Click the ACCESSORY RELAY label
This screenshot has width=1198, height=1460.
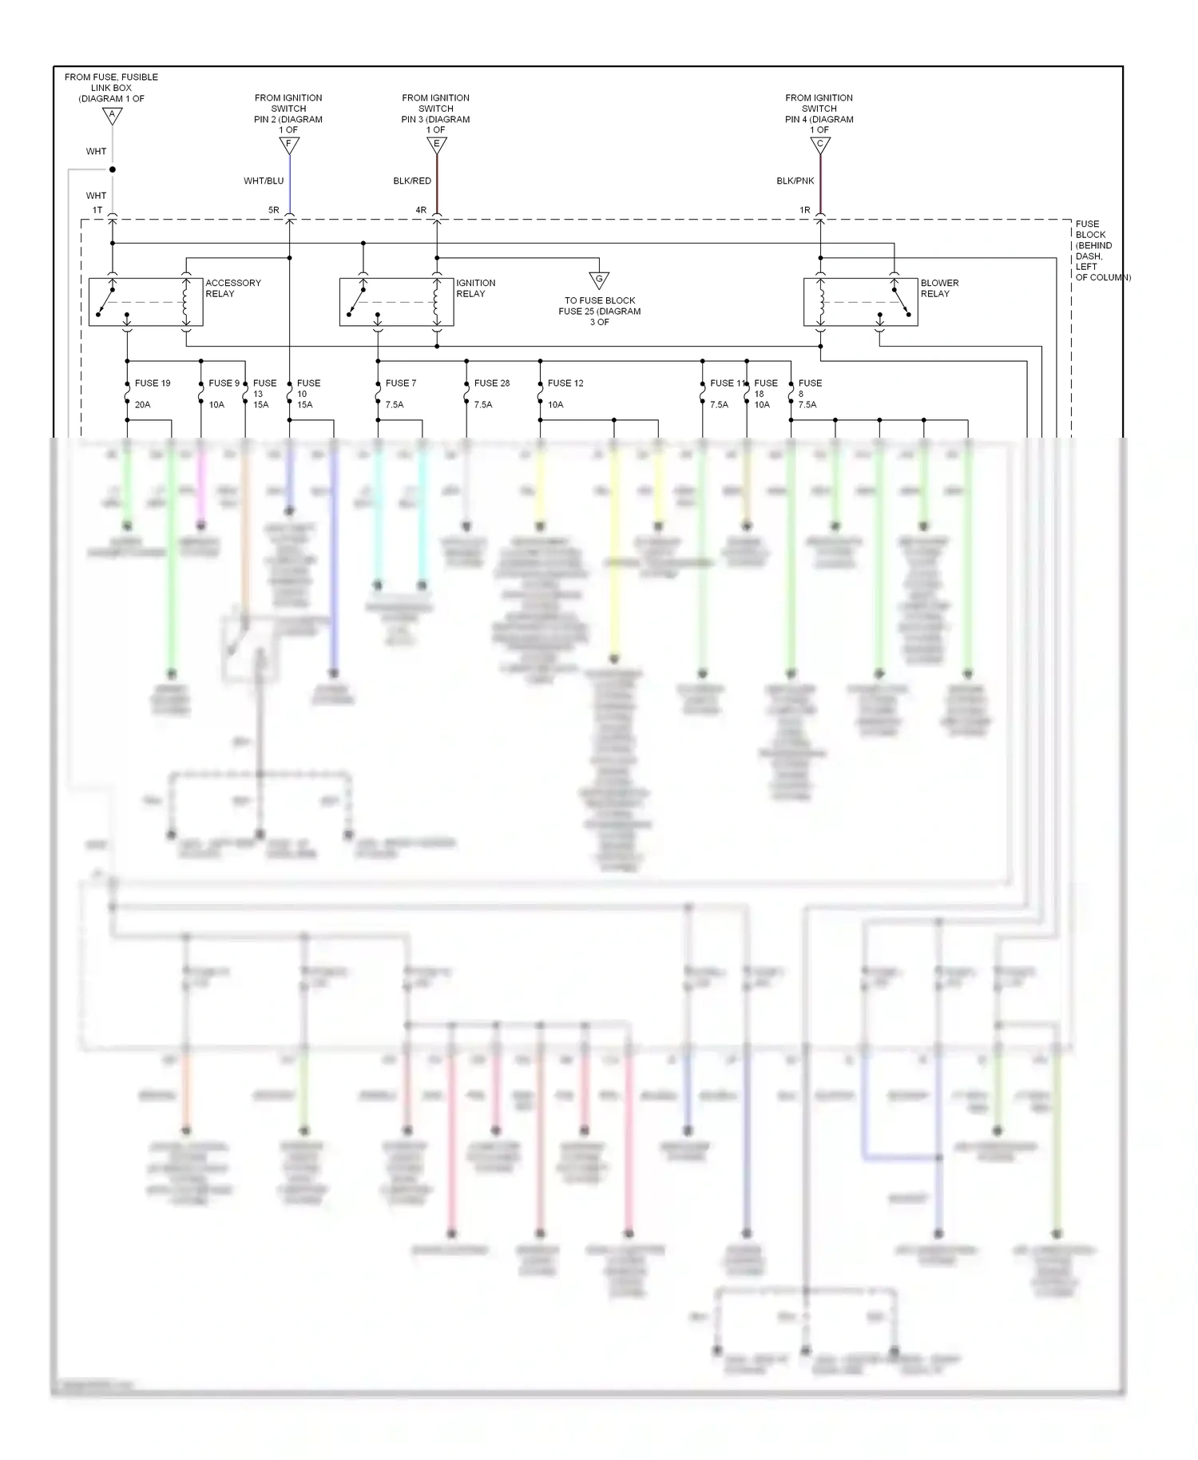point(232,288)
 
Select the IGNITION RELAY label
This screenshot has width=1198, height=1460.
point(475,288)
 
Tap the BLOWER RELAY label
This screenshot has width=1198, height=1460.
point(939,288)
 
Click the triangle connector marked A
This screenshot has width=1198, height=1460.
point(113,116)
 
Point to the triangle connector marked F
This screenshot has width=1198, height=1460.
point(289,145)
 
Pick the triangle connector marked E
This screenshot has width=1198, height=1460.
point(436,145)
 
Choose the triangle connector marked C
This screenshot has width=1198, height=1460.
point(819,145)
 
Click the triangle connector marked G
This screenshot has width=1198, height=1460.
point(599,280)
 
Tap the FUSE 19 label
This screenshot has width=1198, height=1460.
point(153,383)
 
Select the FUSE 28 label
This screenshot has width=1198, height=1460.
point(491,383)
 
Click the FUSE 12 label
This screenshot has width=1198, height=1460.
point(565,383)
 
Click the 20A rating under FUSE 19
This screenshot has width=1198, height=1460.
point(142,405)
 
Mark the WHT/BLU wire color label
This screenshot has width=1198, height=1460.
point(264,181)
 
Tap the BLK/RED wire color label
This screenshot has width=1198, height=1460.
point(412,181)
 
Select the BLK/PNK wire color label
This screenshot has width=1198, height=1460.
point(795,181)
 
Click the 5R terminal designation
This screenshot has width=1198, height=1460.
point(274,211)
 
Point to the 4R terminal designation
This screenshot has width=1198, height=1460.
point(421,211)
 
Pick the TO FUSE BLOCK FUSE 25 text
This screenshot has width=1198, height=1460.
point(600,311)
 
